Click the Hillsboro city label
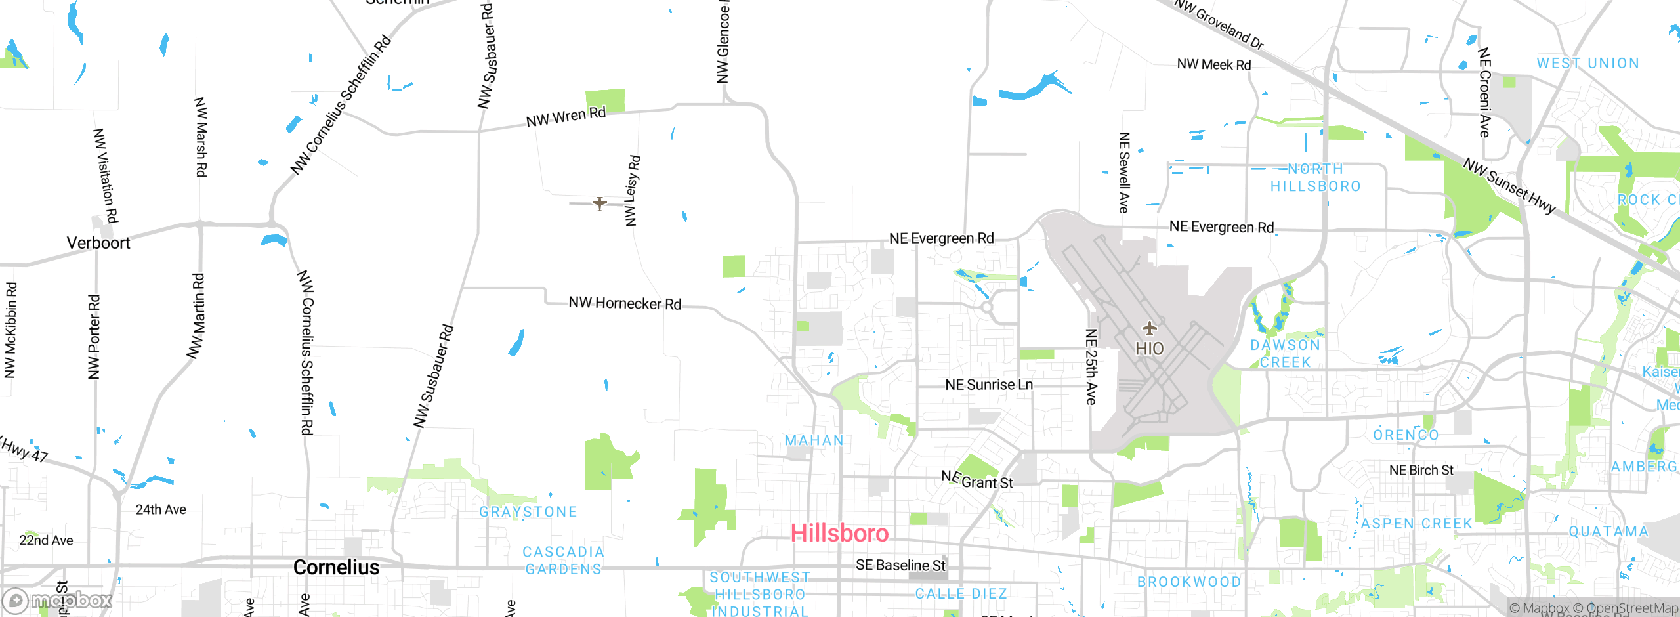tap(839, 533)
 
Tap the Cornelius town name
tap(336, 567)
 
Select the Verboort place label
tap(98, 243)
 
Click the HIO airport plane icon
tap(1149, 328)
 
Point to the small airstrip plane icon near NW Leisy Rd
tap(599, 203)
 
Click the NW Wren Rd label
tap(566, 117)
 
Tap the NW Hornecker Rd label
tap(625, 303)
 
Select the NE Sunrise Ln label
tap(989, 385)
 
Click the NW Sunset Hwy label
tap(1509, 186)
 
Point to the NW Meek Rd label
tap(1214, 64)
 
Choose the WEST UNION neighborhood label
tap(1588, 64)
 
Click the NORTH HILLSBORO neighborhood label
tap(1316, 178)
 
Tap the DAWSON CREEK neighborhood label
tap(1285, 353)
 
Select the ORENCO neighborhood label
tap(1406, 435)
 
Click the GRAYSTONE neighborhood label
tap(528, 512)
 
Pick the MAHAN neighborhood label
tap(814, 440)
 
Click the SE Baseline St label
tap(901, 565)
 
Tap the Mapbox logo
tap(58, 600)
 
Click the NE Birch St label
tap(1421, 470)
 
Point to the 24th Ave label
tap(161, 509)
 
